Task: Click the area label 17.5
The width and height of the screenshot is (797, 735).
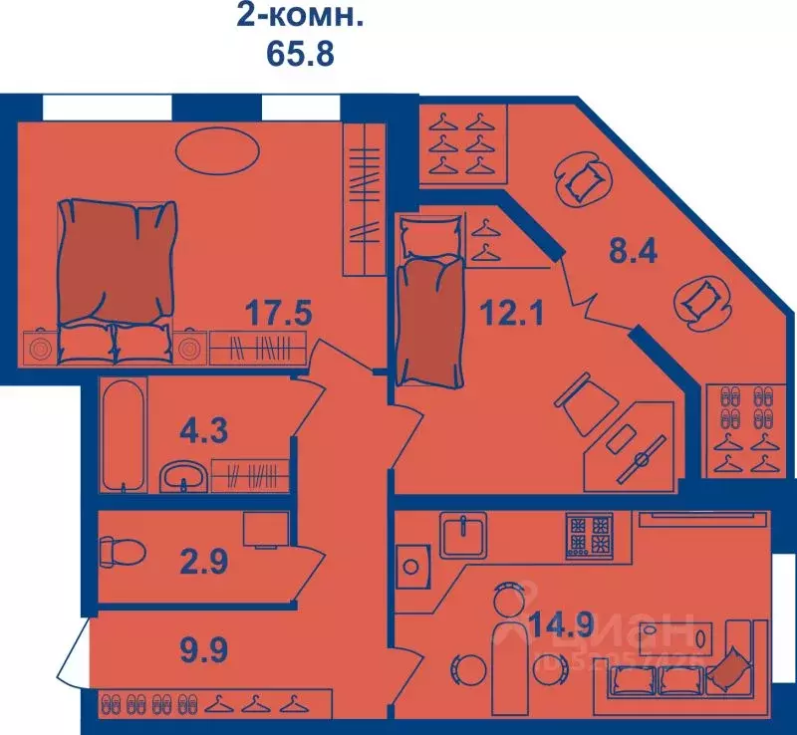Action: [x=279, y=315]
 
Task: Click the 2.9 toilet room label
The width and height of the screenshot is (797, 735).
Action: [x=202, y=561]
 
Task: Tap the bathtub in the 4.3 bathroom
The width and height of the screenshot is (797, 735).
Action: [x=125, y=434]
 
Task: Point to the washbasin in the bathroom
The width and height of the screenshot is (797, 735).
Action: [x=182, y=476]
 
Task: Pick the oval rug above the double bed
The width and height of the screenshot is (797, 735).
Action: [x=218, y=152]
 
